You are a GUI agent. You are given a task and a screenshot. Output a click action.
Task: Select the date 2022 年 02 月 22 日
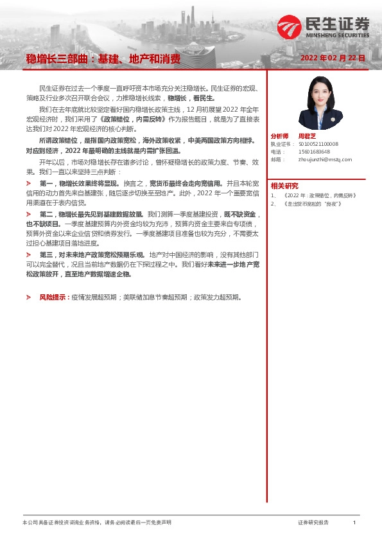(333, 58)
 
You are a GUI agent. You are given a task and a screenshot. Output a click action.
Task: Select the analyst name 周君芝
(307, 136)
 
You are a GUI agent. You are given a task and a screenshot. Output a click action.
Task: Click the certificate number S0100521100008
(318, 145)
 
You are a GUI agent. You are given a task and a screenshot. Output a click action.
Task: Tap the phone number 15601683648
(313, 152)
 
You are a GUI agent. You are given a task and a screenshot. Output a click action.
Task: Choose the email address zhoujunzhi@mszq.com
(325, 159)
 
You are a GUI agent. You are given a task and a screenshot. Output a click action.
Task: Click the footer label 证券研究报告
(314, 523)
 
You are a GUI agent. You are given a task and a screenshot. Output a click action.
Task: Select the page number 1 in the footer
(354, 523)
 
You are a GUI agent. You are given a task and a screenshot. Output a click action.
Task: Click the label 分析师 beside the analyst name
(280, 136)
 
